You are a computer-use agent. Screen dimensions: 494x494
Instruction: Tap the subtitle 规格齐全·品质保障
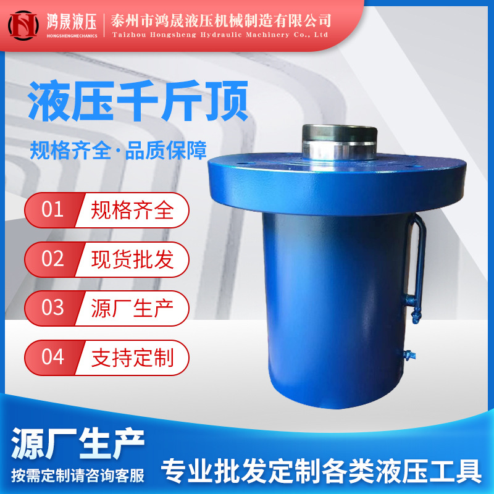tap(118, 151)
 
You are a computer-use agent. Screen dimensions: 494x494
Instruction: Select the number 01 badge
tap(52, 210)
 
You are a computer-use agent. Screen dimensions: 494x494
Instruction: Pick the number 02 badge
tap(52, 258)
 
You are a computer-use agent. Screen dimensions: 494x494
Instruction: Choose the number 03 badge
tap(52, 307)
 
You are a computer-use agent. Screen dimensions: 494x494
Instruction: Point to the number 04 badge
tap(52, 356)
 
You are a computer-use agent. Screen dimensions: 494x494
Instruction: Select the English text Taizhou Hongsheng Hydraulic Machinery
tap(220, 35)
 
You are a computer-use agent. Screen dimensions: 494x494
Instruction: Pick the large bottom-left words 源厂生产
tap(78, 442)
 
